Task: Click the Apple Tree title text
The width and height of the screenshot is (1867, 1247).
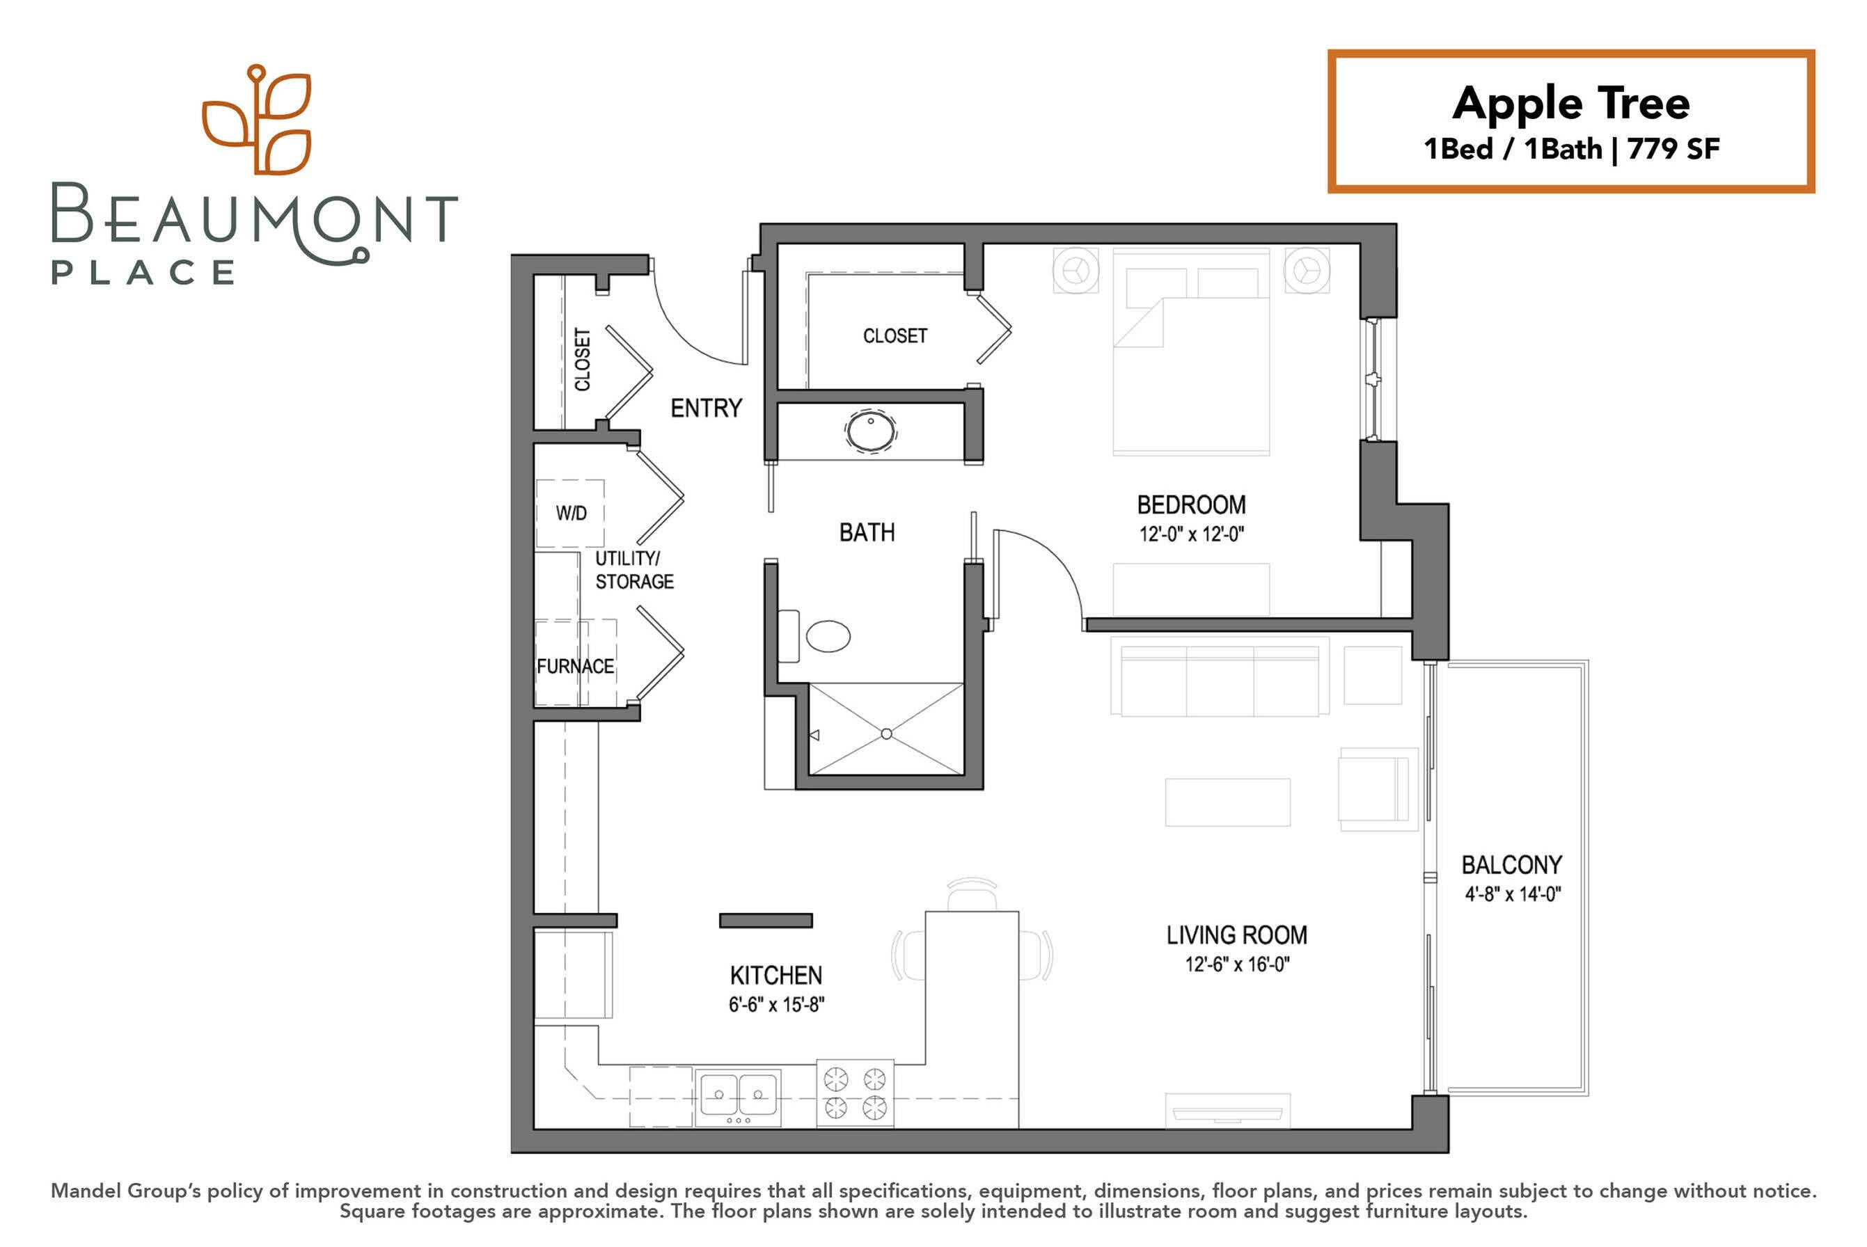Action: coord(1570,104)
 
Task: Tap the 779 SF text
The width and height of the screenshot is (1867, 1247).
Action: coord(1673,149)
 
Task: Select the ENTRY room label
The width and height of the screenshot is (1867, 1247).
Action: coord(706,408)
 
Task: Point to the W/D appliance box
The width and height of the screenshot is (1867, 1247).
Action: coord(569,513)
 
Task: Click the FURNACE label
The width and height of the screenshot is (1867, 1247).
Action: coord(575,667)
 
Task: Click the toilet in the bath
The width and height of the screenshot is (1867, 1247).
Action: coord(814,636)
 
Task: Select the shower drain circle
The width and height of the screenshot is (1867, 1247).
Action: coord(886,734)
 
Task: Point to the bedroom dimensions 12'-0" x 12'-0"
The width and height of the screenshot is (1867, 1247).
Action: coord(1191,534)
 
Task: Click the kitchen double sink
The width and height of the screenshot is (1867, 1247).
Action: coord(738,1097)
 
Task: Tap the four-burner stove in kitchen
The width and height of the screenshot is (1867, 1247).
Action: coord(855,1093)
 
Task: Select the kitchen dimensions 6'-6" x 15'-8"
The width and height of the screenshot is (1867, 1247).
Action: coord(776,1004)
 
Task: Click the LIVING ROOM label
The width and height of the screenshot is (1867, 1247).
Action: coord(1236,935)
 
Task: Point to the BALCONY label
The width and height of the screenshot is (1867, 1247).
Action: coord(1511,864)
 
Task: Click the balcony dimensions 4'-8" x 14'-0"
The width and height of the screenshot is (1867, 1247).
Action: coord(1512,894)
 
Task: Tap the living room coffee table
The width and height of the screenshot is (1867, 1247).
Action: coord(1227,802)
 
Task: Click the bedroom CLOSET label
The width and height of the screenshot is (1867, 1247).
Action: coord(895,335)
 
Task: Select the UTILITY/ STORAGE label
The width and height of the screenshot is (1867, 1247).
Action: coord(634,569)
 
